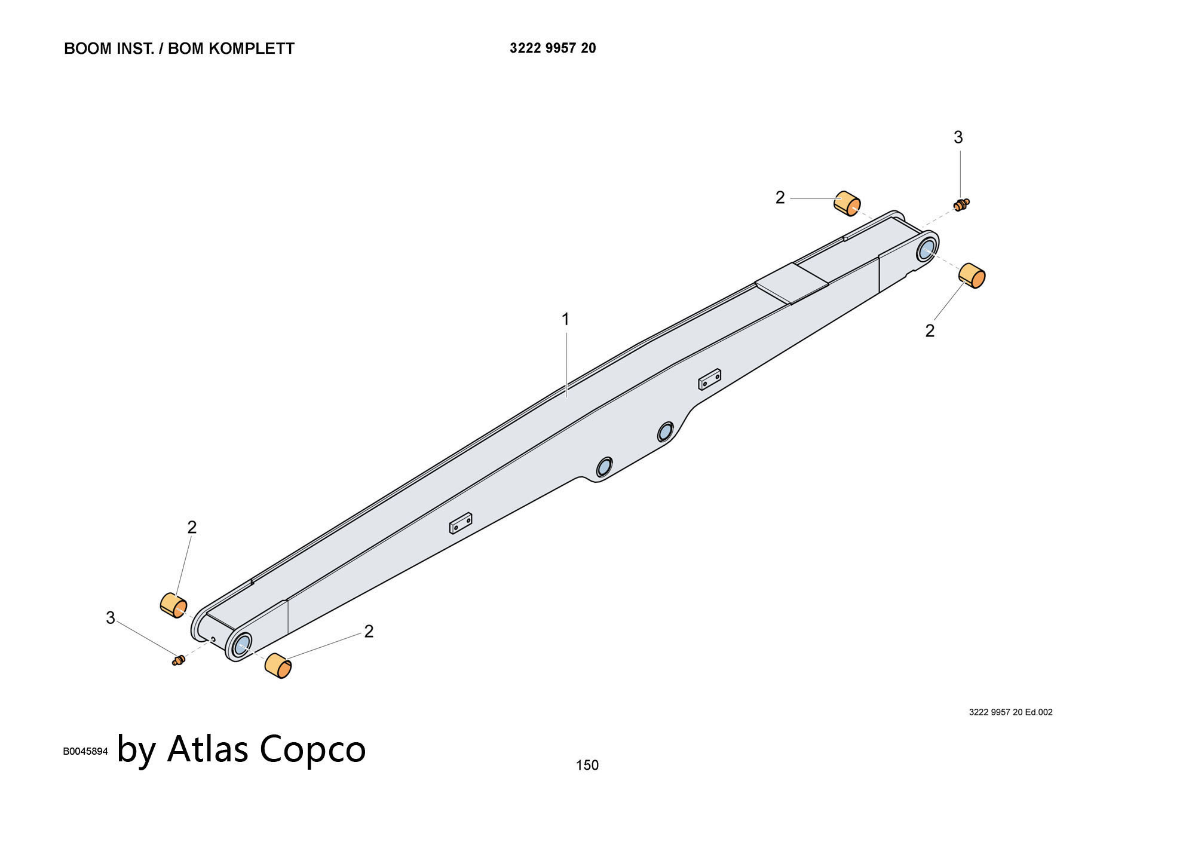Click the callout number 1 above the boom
[x=565, y=320]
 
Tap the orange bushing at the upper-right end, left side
[x=847, y=203]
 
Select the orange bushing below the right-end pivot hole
[x=972, y=275]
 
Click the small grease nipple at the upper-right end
[x=961, y=204]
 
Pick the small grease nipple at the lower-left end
[x=178, y=660]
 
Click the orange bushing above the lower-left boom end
[x=173, y=605]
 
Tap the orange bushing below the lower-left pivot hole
[x=278, y=666]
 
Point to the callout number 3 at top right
[x=958, y=138]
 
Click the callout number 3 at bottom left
[x=111, y=618]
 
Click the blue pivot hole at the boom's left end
[x=242, y=645]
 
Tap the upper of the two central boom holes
[x=665, y=431]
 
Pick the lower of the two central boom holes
[x=604, y=467]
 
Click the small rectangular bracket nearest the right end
[x=709, y=379]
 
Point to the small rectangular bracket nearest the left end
[x=461, y=522]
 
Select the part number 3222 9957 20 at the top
[x=553, y=48]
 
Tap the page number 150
[x=587, y=765]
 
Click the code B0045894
[x=85, y=751]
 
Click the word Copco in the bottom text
[x=312, y=748]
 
